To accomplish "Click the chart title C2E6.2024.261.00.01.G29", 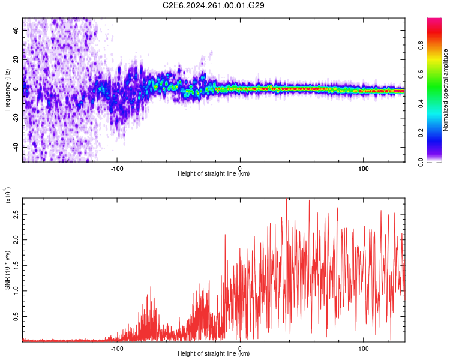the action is [213, 5].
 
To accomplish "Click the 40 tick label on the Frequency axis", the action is [16, 30].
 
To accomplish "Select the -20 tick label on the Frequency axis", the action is [16, 117].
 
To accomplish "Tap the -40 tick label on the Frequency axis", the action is [16, 146].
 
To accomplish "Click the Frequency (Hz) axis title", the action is [7, 90].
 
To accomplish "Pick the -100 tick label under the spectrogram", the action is [117, 169].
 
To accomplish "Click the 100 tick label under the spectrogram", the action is [364, 169].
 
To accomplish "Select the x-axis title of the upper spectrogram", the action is [214, 173].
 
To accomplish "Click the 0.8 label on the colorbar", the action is [421, 45].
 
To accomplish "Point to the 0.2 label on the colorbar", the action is [421, 133].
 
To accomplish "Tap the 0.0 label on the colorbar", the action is [421, 162].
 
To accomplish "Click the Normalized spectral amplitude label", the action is [445, 90].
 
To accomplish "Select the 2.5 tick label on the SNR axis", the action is [16, 214].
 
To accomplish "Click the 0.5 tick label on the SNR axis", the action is [16, 316].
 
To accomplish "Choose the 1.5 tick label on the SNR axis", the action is [16, 265].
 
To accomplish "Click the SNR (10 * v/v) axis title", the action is [7, 270].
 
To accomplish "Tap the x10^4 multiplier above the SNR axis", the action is [8, 195].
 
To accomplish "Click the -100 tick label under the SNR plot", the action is [117, 349].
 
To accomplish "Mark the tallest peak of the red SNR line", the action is [286, 199].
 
